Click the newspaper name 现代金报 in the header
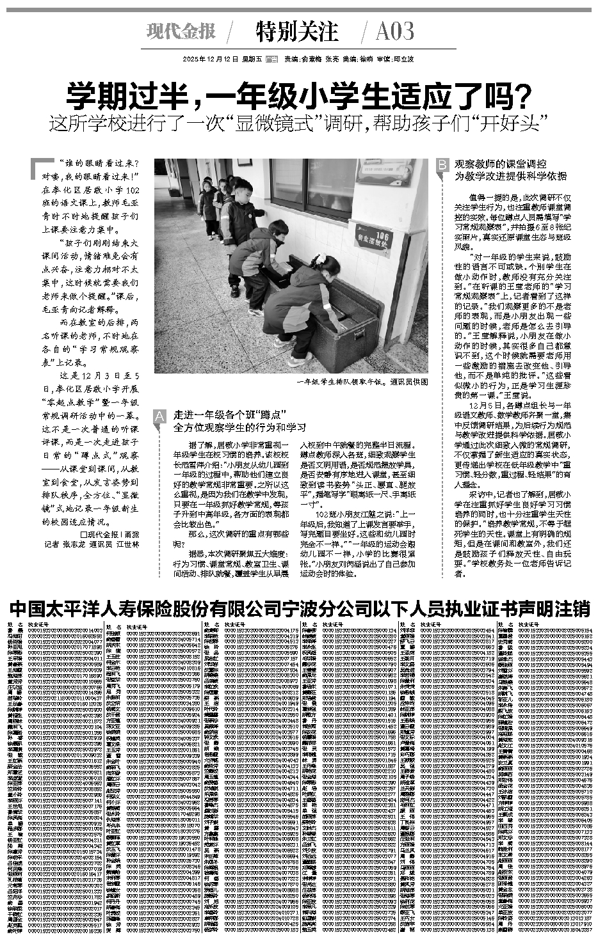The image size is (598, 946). pyautogui.click(x=181, y=31)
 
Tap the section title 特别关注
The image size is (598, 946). pyautogui.click(x=296, y=31)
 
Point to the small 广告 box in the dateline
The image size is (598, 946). pyautogui.click(x=271, y=59)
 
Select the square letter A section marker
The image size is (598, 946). pyautogui.click(x=158, y=416)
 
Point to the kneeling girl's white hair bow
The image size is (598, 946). pyautogui.click(x=318, y=261)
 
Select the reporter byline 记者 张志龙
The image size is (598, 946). pyautogui.click(x=67, y=544)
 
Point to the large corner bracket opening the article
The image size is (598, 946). pyautogui.click(x=40, y=168)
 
